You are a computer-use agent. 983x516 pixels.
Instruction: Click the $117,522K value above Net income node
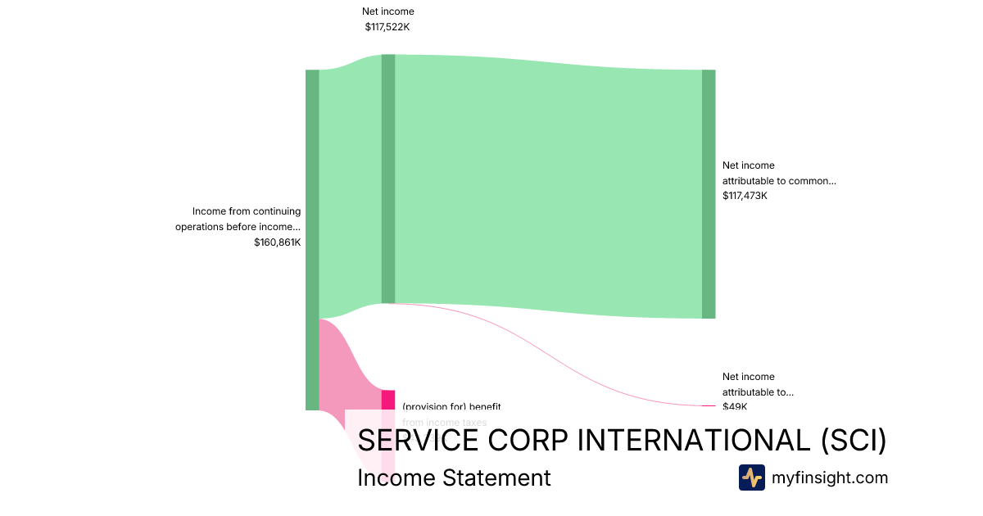pyautogui.click(x=387, y=27)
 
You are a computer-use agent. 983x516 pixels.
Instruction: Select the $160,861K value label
pyautogui.click(x=277, y=242)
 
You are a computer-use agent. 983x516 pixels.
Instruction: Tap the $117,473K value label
pyautogui.click(x=745, y=196)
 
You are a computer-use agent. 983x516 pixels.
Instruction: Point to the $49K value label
pyautogui.click(x=734, y=406)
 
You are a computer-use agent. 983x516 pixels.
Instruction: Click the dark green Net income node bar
pyautogui.click(x=388, y=179)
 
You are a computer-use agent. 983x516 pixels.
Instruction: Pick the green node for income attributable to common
pyautogui.click(x=709, y=194)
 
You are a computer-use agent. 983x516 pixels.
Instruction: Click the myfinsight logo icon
pyautogui.click(x=751, y=478)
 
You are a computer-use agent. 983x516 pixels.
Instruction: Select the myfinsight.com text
pyautogui.click(x=830, y=478)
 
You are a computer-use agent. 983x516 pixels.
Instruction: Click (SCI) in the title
pyautogui.click(x=853, y=441)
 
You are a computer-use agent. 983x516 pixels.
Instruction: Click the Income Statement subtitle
pyautogui.click(x=454, y=478)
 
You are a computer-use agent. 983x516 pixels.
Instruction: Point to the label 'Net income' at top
pyautogui.click(x=388, y=11)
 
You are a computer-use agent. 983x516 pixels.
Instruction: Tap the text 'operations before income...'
pyautogui.click(x=238, y=227)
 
